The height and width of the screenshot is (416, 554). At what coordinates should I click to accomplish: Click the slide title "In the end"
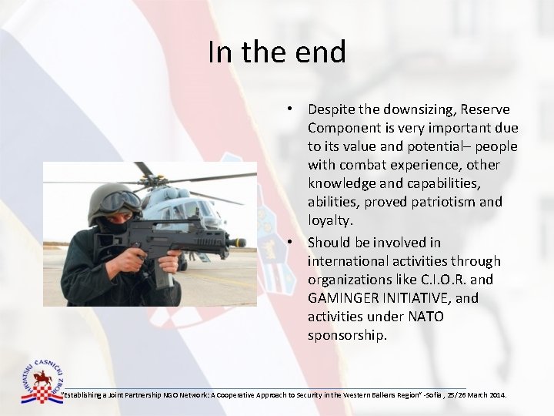click(277, 52)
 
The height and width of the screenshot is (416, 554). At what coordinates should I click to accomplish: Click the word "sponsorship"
click(345, 335)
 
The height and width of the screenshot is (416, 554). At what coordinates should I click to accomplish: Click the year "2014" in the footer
click(496, 395)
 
